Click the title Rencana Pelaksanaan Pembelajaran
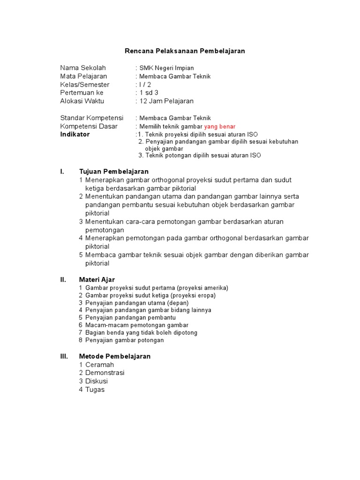tap(185, 51)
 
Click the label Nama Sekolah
tap(83, 67)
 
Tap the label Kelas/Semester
tap(85, 84)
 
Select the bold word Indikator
tap(75, 134)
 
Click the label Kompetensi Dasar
tap(89, 127)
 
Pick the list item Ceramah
tap(99, 365)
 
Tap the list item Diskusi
tap(97, 382)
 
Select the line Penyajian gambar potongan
tap(124, 340)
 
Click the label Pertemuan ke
tap(82, 93)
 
